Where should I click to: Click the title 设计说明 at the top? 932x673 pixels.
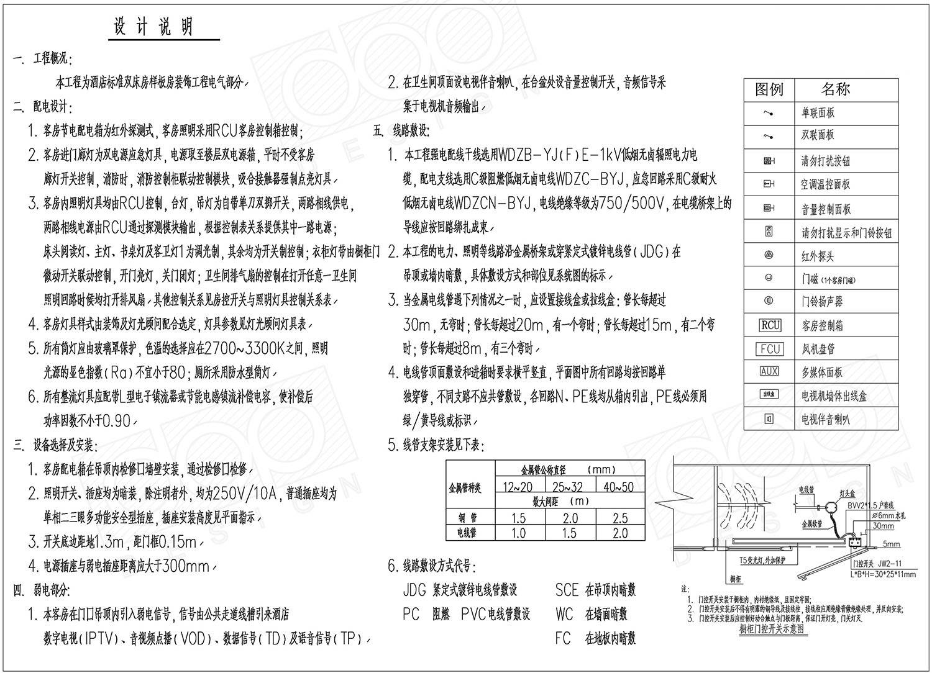[x=153, y=26]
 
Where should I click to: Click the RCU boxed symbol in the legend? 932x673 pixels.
[x=770, y=325]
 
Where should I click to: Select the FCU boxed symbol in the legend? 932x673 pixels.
[x=770, y=349]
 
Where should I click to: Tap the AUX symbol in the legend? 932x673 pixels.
[x=769, y=372]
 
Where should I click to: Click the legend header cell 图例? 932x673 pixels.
[x=769, y=90]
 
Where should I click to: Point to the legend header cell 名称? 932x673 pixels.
[x=835, y=89]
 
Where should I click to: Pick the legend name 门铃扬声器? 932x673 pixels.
[x=822, y=302]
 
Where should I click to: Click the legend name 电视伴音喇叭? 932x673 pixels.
[x=826, y=420]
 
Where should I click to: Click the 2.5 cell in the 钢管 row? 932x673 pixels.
[x=620, y=518]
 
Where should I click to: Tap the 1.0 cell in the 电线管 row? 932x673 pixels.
[x=518, y=533]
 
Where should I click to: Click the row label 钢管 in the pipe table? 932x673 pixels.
[x=470, y=518]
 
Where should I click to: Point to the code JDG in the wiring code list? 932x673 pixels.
[x=415, y=590]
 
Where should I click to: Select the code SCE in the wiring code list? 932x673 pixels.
[x=567, y=590]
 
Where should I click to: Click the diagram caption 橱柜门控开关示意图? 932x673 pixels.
[x=771, y=628]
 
